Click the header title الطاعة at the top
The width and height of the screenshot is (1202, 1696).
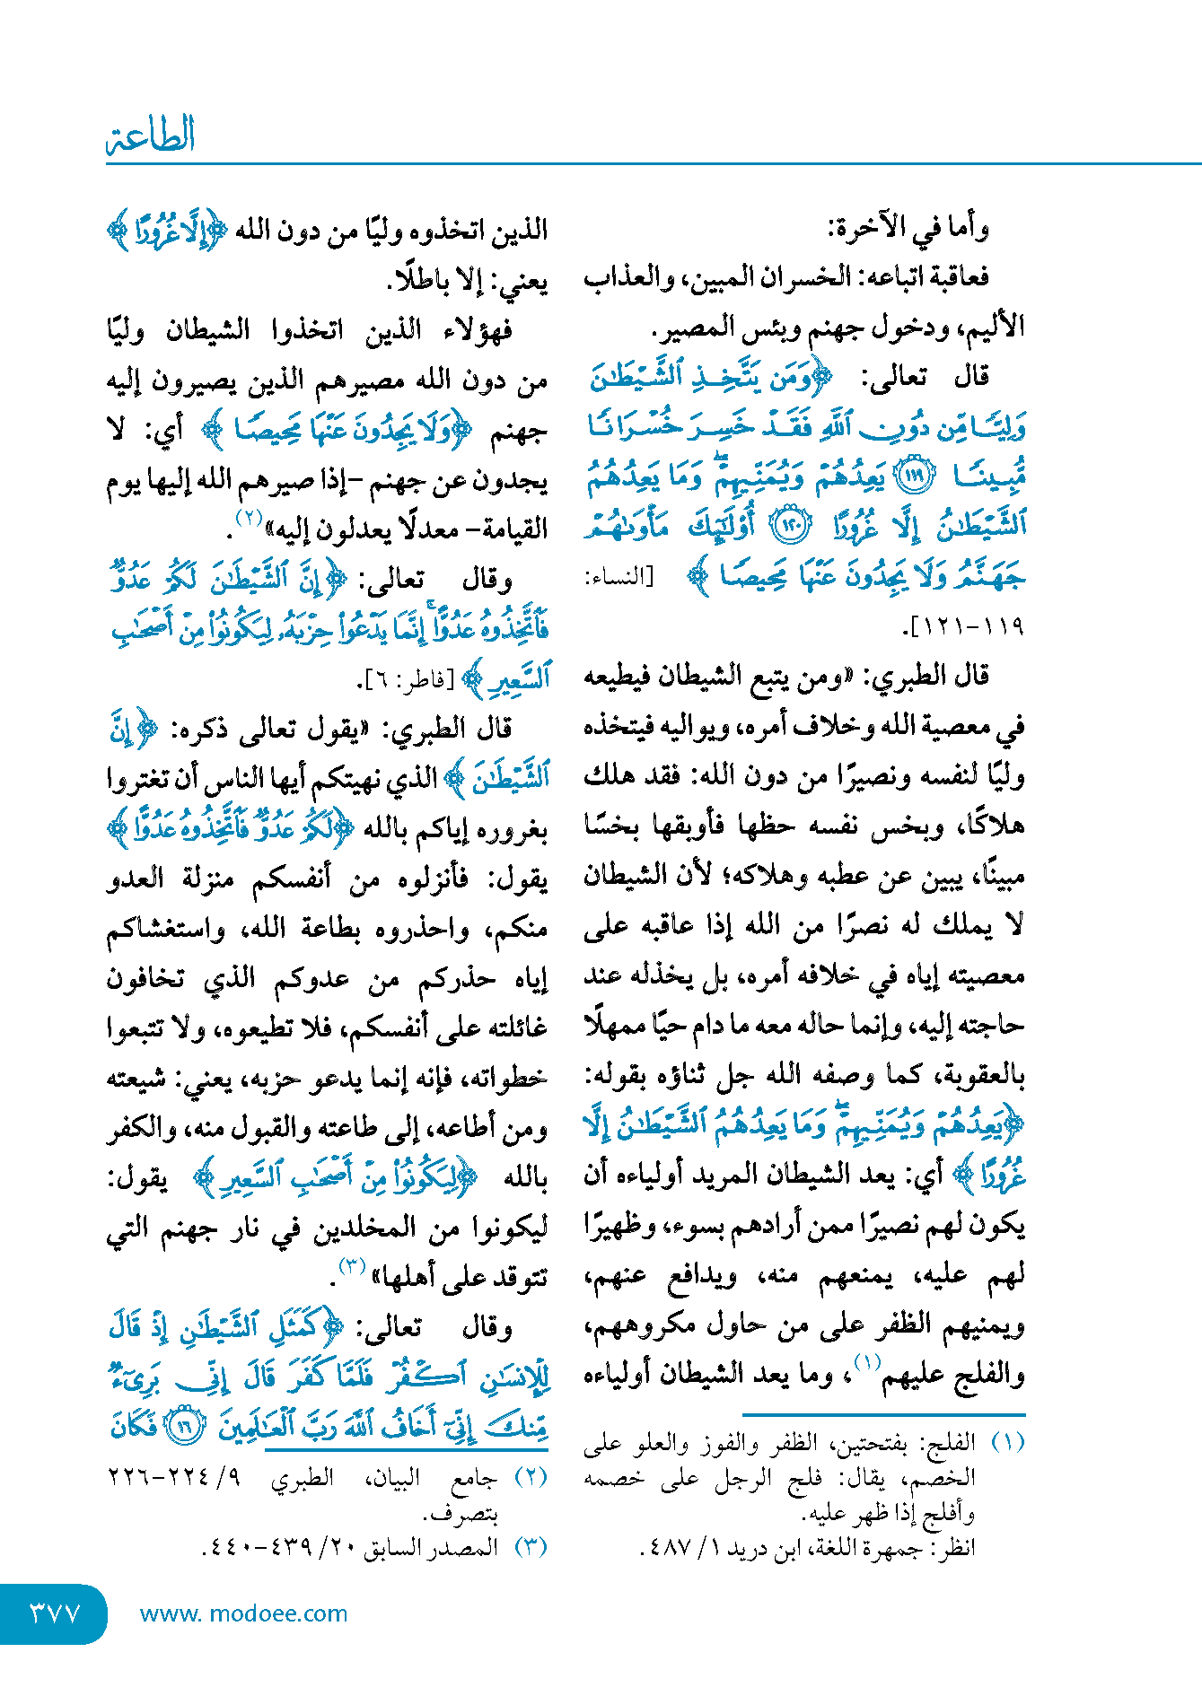click(151, 136)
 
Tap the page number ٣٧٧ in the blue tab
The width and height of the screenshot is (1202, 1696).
click(55, 1613)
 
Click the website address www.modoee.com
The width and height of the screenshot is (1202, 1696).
click(243, 1613)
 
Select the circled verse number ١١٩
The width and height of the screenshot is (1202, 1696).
click(916, 476)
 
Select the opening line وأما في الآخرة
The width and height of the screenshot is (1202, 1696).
click(908, 229)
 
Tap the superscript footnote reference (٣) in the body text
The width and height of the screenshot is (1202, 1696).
click(351, 1267)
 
